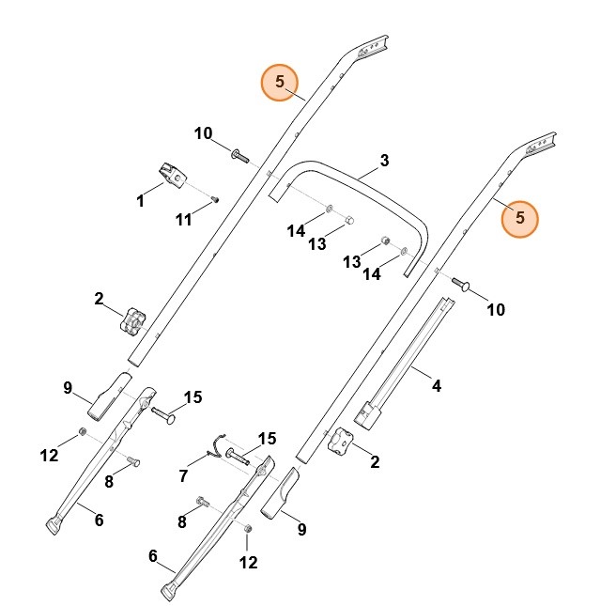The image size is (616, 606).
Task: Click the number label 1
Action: (x=140, y=200)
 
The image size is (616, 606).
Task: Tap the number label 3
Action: (x=384, y=160)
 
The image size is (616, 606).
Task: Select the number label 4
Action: (x=436, y=384)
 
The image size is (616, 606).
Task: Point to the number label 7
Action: (x=183, y=476)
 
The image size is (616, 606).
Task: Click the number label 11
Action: (x=184, y=219)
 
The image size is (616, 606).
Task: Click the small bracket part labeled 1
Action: (x=171, y=174)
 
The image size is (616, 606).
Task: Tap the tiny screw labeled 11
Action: (x=215, y=198)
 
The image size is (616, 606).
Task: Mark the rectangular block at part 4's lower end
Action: (x=369, y=413)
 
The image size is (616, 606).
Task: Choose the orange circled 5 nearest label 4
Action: (x=520, y=218)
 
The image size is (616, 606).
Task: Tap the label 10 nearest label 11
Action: (x=204, y=133)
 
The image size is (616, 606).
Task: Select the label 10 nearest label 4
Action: (x=495, y=309)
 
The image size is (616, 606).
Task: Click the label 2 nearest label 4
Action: (x=375, y=461)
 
